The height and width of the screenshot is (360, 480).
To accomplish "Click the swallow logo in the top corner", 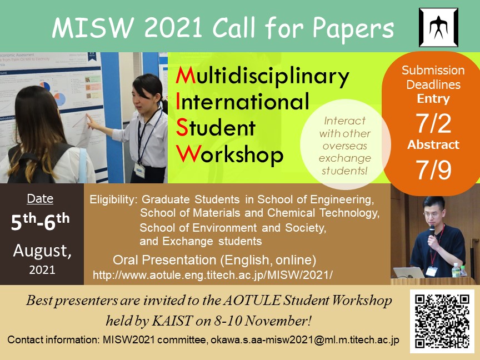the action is point(439,28).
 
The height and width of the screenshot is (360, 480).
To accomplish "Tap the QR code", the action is point(442,322).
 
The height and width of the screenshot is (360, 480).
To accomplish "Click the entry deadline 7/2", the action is point(433,123).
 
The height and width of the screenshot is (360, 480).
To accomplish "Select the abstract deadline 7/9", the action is point(433,169).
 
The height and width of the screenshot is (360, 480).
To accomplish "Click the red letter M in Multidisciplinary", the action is point(186,76).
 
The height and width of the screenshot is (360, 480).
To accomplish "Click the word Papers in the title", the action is point(353,28).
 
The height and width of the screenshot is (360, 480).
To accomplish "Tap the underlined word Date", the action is point(40,199).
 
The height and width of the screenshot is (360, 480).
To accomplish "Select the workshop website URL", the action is point(212,275).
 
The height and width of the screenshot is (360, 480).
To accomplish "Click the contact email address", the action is point(305,340).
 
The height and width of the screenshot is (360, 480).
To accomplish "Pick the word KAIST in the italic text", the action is point(172,321).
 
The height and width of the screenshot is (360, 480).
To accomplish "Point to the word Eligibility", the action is point(112,200).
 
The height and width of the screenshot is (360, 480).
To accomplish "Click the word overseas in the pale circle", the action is point(344,146).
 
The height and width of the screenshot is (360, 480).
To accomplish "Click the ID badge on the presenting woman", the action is point(139,170).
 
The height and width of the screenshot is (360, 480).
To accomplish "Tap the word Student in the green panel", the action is point(216,128).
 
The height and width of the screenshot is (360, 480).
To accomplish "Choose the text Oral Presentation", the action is point(164,260).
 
